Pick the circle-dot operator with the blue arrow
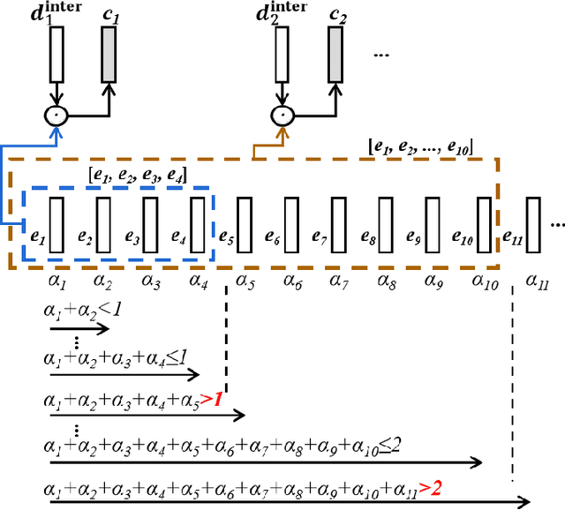57,115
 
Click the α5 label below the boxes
245,282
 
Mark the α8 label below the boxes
386,282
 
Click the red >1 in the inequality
211,399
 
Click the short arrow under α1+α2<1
79,328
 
